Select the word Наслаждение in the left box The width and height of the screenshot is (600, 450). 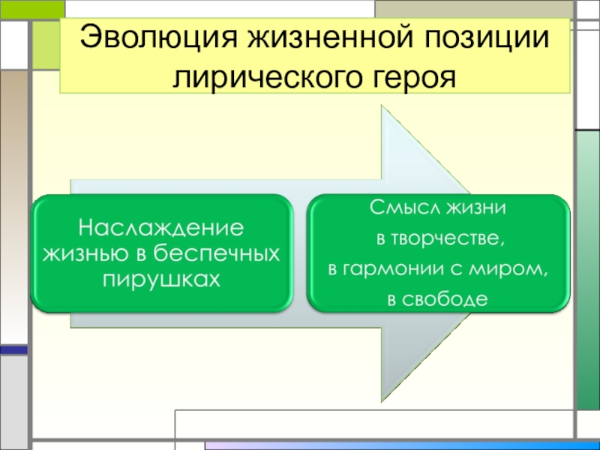click(x=162, y=226)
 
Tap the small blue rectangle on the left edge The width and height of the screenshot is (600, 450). click(x=13, y=349)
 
